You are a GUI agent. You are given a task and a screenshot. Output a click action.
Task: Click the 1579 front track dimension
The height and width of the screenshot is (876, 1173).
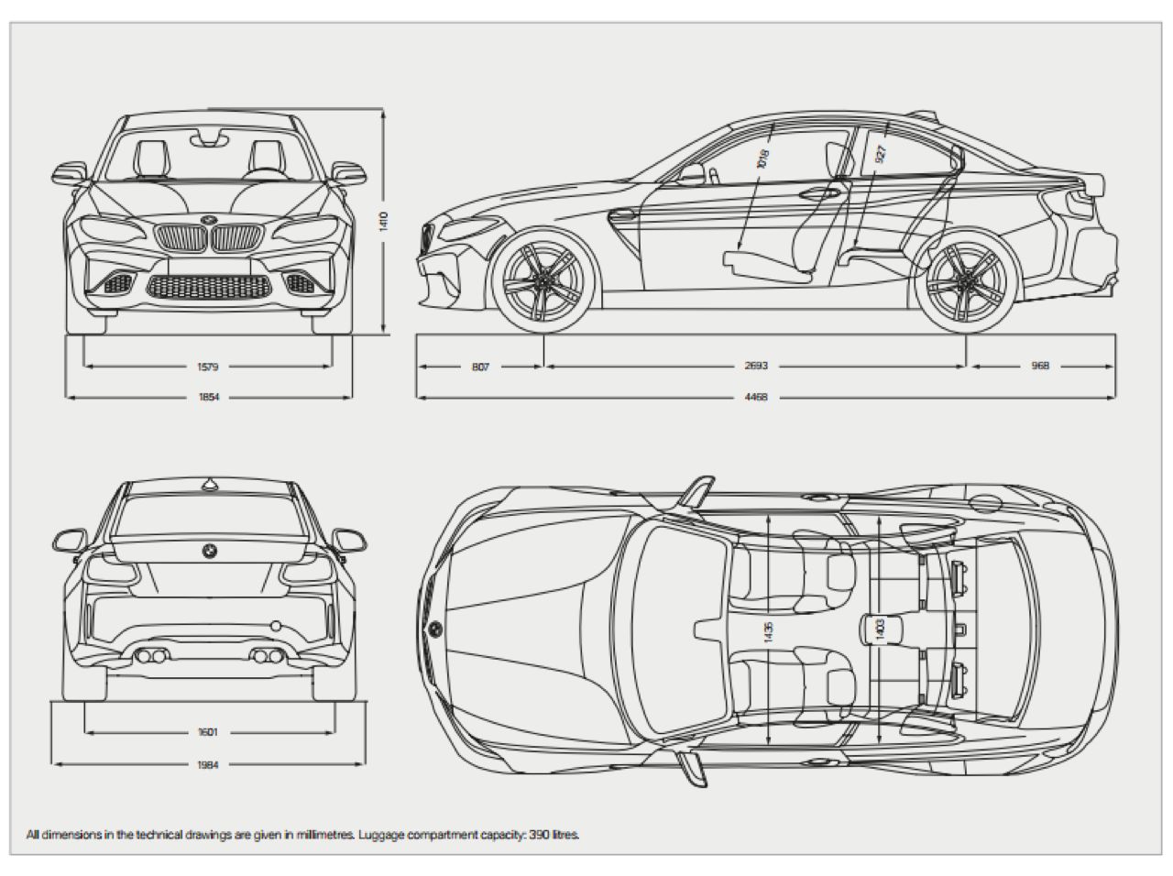(208, 367)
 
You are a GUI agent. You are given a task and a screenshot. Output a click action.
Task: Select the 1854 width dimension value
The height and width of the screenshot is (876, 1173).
(208, 398)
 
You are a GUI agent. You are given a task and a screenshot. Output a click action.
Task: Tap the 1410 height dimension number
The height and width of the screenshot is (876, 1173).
(384, 222)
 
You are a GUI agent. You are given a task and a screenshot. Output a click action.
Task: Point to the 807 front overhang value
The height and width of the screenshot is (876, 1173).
(480, 367)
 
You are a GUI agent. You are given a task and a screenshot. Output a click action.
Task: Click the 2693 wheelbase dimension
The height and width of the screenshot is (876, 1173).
(756, 367)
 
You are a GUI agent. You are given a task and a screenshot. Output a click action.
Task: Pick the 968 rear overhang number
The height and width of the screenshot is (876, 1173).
(1039, 367)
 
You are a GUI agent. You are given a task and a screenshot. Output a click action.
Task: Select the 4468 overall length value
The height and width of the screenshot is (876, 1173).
(756, 398)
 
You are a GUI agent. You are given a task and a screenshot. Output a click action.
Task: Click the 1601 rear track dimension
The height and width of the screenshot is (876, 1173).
(208, 732)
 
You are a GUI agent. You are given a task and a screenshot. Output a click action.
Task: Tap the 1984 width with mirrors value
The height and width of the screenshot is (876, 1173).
(208, 764)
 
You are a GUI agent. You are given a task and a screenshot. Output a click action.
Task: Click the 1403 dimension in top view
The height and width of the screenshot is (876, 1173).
(880, 629)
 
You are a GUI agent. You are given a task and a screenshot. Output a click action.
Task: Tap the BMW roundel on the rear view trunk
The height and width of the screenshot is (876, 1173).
(209, 551)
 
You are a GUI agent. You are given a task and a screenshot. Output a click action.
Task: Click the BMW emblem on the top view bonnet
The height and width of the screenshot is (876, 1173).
(434, 629)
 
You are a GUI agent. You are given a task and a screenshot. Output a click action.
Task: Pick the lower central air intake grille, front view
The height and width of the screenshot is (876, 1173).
(211, 286)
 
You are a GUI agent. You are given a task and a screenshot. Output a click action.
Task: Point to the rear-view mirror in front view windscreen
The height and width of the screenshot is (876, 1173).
(210, 139)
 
